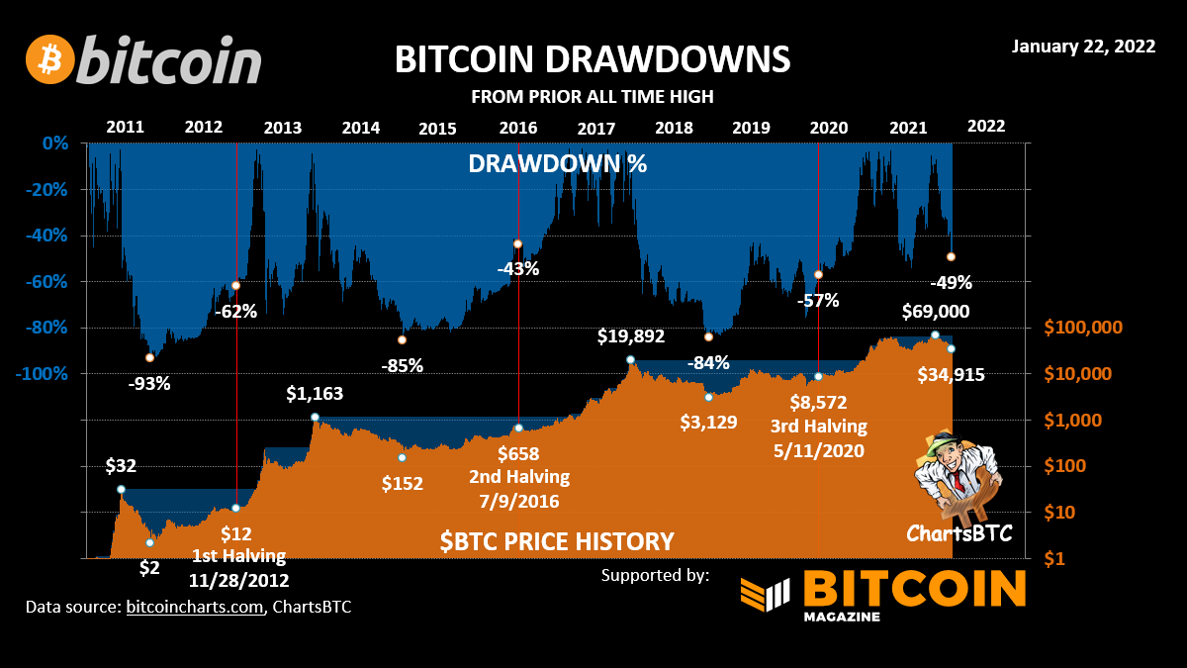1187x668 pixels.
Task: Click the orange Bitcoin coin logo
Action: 50,60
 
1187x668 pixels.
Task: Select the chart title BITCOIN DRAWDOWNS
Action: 593,58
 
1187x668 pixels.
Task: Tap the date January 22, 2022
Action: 1083,48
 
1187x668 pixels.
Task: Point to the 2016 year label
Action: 517,127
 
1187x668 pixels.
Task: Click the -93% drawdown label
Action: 149,384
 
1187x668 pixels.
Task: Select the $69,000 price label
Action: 935,312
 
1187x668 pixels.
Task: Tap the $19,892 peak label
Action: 631,336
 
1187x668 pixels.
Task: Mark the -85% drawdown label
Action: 402,365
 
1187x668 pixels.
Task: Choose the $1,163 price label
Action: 315,394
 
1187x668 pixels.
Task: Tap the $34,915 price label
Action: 952,374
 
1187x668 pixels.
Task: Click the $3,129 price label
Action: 709,422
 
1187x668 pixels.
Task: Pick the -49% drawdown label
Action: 951,282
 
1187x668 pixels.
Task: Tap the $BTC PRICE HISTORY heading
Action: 557,541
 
